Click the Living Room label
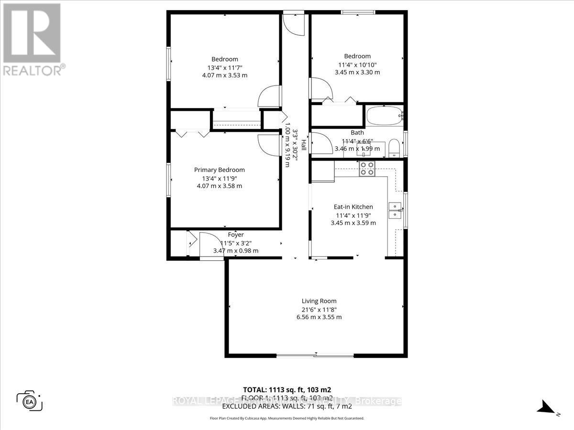coord(319,301)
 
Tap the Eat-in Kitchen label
coord(353,207)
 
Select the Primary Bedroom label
coord(219,170)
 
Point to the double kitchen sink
coord(395,211)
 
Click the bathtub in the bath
coord(385,116)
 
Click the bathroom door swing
coord(320,143)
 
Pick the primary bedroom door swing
coord(268,144)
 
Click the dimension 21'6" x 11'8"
coord(319,309)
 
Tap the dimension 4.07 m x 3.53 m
coord(225,75)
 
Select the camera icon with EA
coord(30,400)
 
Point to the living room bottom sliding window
coord(316,355)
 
